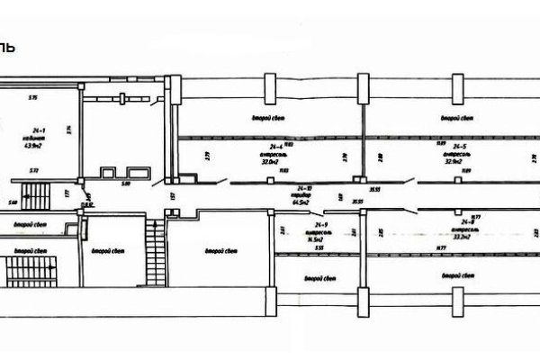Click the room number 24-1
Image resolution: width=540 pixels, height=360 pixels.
pyautogui.click(x=35, y=130)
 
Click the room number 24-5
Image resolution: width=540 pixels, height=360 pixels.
pyautogui.click(x=459, y=146)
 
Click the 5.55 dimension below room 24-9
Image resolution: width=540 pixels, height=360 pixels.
pyautogui.click(x=320, y=247)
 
